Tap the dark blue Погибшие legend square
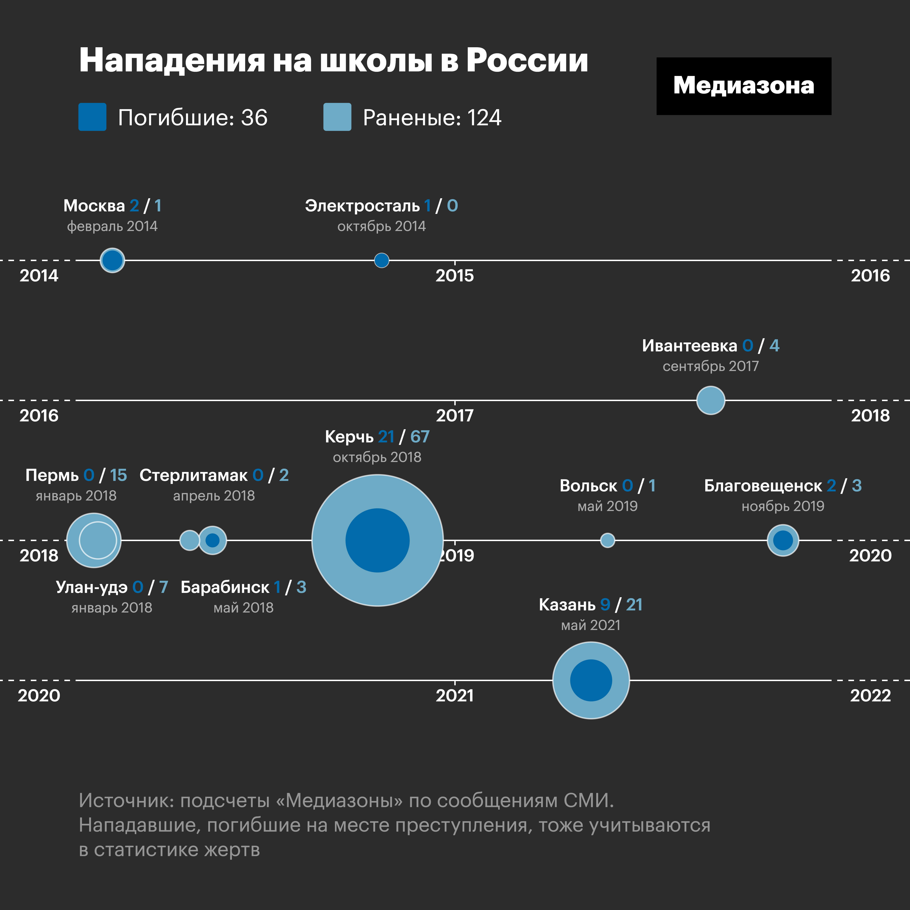click(x=92, y=117)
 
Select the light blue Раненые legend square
click(x=337, y=117)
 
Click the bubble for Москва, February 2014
click(x=112, y=260)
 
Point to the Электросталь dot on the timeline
click(x=381, y=260)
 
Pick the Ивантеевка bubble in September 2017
click(x=710, y=400)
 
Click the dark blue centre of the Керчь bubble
click(x=377, y=540)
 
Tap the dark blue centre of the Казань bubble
click(x=591, y=680)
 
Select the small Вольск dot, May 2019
click(x=608, y=540)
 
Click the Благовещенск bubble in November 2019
click(x=783, y=540)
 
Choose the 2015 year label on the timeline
click(x=454, y=276)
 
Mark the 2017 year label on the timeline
click(x=454, y=415)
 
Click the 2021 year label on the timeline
click(x=454, y=696)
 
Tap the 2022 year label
click(x=870, y=696)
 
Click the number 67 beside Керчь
click(x=420, y=437)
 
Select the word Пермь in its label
click(x=52, y=475)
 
